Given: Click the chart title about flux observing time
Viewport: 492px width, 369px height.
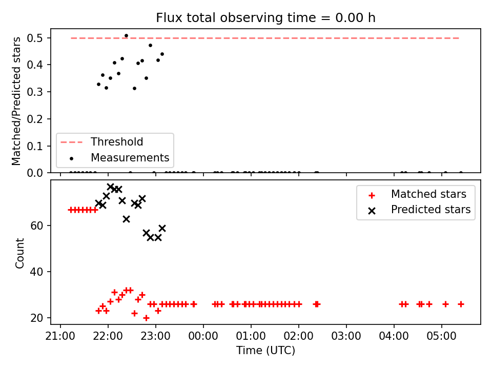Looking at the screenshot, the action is point(265,17).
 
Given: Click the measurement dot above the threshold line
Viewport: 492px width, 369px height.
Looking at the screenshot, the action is point(126,36).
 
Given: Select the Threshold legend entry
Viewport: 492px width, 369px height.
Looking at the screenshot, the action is point(101,142).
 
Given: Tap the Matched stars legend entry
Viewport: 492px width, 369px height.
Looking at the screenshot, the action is point(417,194).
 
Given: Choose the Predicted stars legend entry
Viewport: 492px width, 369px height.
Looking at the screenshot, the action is point(420,210).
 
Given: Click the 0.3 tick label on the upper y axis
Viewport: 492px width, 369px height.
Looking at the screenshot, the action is point(34,92).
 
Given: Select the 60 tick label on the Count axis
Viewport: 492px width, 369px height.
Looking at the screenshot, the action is point(36,225).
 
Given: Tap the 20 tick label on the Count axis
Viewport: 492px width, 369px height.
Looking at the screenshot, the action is point(36,318).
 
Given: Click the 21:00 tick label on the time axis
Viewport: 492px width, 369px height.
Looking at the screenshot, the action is point(60,336).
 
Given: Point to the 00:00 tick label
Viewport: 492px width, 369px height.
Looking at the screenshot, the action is point(203,336).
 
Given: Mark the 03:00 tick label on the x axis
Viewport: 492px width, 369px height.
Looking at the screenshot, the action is point(346,336).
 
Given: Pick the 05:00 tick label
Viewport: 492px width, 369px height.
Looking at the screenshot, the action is point(441,336).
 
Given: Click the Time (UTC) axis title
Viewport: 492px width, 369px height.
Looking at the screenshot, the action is point(266,350).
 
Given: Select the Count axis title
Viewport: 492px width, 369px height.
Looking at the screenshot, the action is point(19,253).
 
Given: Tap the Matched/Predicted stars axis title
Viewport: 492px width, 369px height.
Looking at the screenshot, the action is point(16,101).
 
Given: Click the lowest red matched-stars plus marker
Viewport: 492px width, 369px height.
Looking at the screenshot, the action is point(146,318).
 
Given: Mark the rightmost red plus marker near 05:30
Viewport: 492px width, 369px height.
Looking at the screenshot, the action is point(461,304).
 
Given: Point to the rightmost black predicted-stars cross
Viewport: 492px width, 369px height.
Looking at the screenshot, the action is point(162,228).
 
